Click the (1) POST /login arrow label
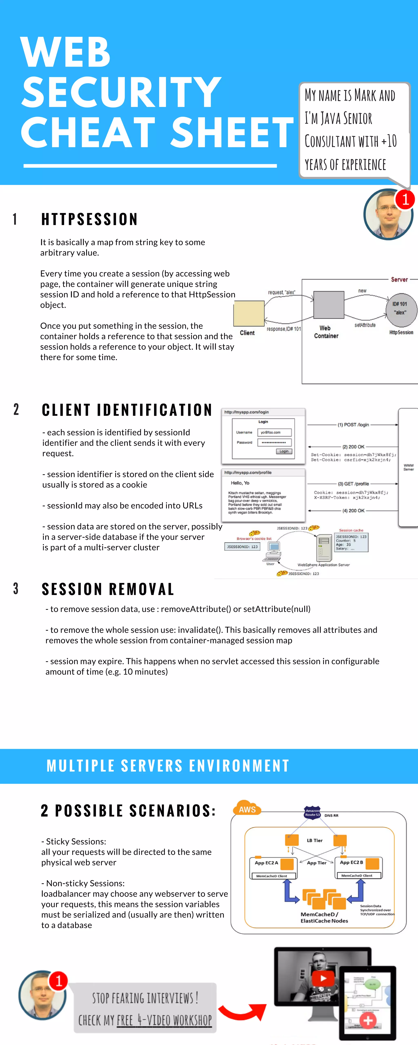point(353,425)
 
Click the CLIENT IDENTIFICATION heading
point(127,410)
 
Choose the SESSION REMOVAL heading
point(108,589)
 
